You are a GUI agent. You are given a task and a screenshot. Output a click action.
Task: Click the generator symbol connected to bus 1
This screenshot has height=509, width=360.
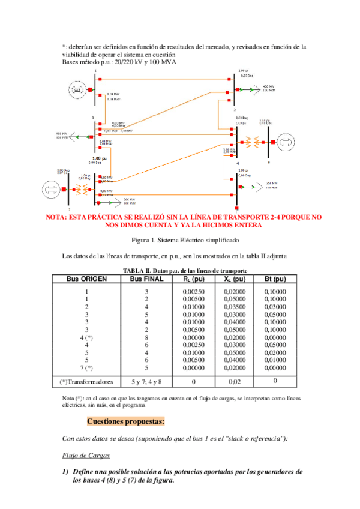pos(76,90)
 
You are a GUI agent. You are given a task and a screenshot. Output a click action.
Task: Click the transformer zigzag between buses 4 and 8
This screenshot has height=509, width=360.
pos(254,142)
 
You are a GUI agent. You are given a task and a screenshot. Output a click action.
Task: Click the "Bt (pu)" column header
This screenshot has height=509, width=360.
pos(275,279)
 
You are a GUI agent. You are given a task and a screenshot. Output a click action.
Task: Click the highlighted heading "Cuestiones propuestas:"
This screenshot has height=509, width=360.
pos(125,421)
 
